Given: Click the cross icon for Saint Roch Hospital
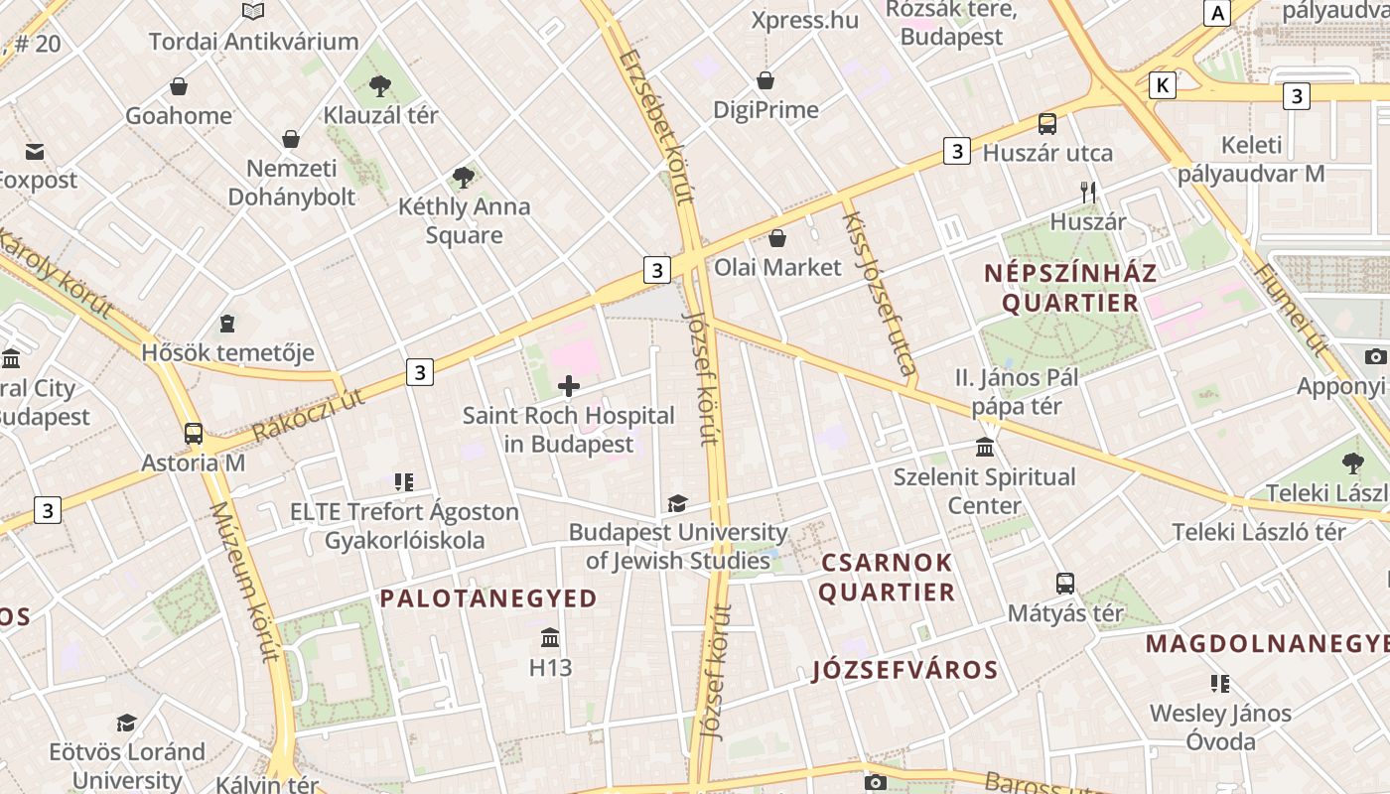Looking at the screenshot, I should point(569,386).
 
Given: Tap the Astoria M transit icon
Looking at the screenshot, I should point(194,434).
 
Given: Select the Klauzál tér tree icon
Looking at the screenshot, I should point(380,86).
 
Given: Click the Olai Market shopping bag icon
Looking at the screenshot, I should point(777,238).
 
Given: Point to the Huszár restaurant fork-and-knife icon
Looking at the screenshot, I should point(1088,193).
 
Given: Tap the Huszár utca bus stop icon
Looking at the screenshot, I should point(1047,124).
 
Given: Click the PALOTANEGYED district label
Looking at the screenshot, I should point(488,598).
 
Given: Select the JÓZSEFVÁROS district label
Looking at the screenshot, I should point(904,670).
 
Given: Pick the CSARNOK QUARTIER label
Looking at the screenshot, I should point(887,578).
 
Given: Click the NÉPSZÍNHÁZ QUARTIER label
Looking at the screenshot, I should point(1070,288).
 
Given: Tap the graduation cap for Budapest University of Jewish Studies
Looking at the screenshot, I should point(677,504).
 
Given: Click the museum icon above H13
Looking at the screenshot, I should point(550,638).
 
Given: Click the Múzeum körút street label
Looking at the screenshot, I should point(243,581).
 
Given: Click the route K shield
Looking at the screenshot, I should point(1162,85).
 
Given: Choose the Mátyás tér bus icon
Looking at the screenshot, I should point(1065,584).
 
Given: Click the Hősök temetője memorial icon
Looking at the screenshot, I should point(227,324).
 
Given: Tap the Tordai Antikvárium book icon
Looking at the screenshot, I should point(253,12).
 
